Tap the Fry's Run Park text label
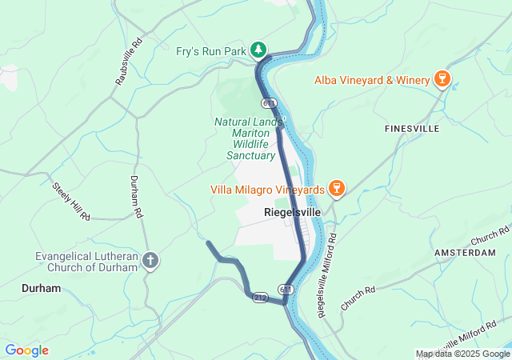click(210, 51)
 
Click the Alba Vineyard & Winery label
click(371, 79)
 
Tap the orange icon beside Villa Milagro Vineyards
click(337, 189)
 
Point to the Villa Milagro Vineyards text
click(267, 190)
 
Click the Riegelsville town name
click(293, 214)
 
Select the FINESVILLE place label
click(412, 128)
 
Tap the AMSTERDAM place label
click(465, 253)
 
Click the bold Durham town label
click(41, 288)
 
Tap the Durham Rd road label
click(137, 198)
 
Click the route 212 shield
click(260, 297)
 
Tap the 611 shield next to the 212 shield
click(286, 288)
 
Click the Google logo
click(26, 350)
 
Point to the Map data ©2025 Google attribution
click(462, 354)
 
